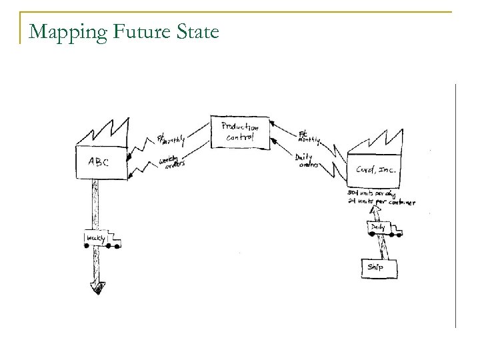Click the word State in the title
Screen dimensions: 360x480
[194, 31]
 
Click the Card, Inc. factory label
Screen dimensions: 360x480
[376, 170]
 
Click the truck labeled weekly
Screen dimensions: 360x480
[101, 238]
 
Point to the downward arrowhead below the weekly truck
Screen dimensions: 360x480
[97, 287]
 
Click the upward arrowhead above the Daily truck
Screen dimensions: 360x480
[376, 210]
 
